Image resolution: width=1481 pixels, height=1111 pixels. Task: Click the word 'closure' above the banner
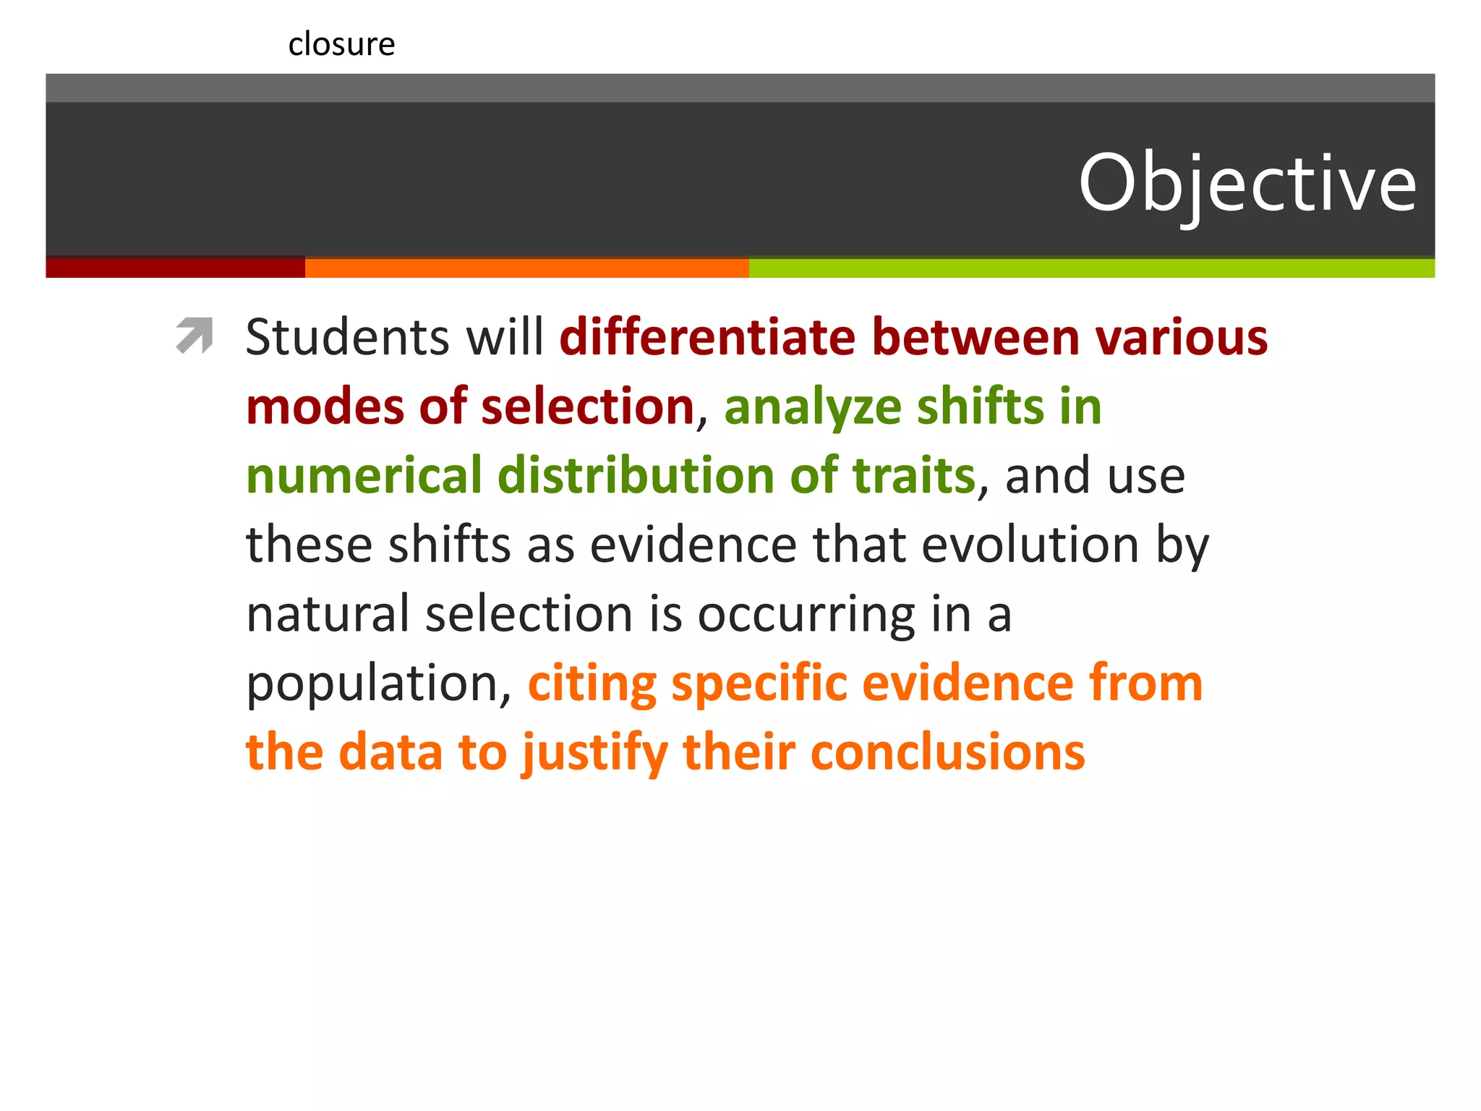[341, 45]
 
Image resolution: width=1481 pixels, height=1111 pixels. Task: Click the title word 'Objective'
[1247, 184]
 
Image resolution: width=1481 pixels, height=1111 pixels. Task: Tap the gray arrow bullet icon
[195, 336]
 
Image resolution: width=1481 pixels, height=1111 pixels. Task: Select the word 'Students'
[348, 337]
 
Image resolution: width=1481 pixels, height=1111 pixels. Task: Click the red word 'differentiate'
[708, 337]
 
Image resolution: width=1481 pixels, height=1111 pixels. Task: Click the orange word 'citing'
[592, 684]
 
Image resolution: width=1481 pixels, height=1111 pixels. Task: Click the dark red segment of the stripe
[175, 268]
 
